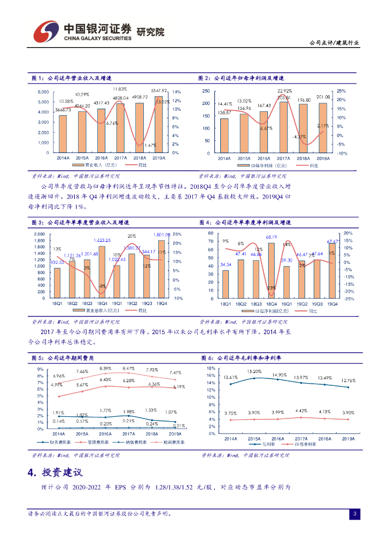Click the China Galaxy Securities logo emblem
click(x=45, y=33)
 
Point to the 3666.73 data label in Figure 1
click(x=63, y=110)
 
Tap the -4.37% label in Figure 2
click(x=299, y=136)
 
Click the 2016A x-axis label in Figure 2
click(x=264, y=158)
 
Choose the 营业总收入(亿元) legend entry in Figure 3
click(x=102, y=310)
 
